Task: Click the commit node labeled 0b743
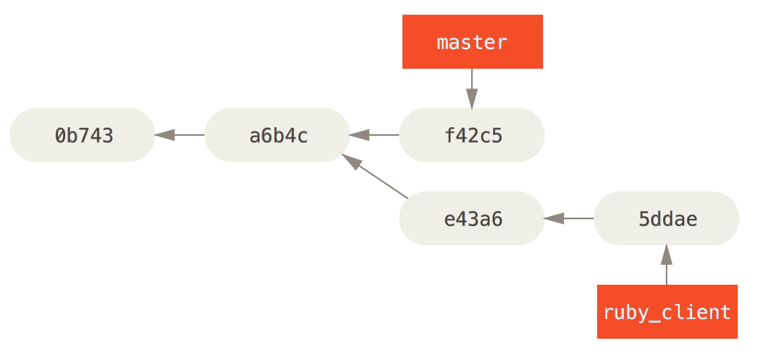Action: [x=83, y=135]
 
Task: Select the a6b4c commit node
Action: [x=277, y=135]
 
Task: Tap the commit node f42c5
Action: [x=472, y=135]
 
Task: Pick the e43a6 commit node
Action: [x=472, y=218]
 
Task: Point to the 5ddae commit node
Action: [x=666, y=218]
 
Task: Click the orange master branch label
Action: [x=472, y=42]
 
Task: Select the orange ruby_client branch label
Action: [x=667, y=311]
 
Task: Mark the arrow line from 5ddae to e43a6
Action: [x=578, y=218]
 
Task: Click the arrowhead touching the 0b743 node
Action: [x=165, y=135]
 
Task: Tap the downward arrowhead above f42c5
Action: [x=472, y=99]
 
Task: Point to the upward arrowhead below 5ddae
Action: [x=666, y=255]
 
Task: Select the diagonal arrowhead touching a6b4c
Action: [x=352, y=162]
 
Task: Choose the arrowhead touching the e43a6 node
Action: [x=554, y=218]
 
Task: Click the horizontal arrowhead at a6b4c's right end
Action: [x=359, y=135]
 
